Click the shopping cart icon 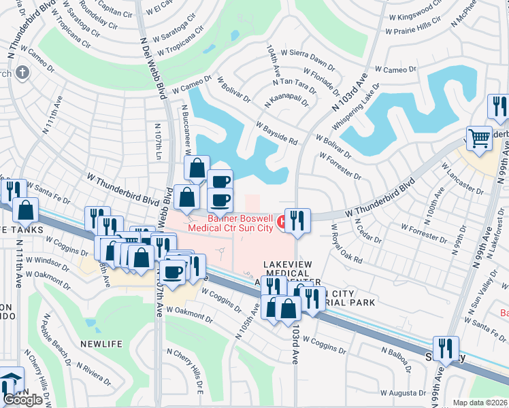[x=480, y=139]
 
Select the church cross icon [x=22, y=73]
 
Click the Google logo [x=22, y=400]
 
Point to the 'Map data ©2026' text [x=480, y=403]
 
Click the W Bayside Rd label [x=277, y=133]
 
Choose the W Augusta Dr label [x=405, y=392]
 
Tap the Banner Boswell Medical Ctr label [x=231, y=223]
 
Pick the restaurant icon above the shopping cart [x=497, y=107]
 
